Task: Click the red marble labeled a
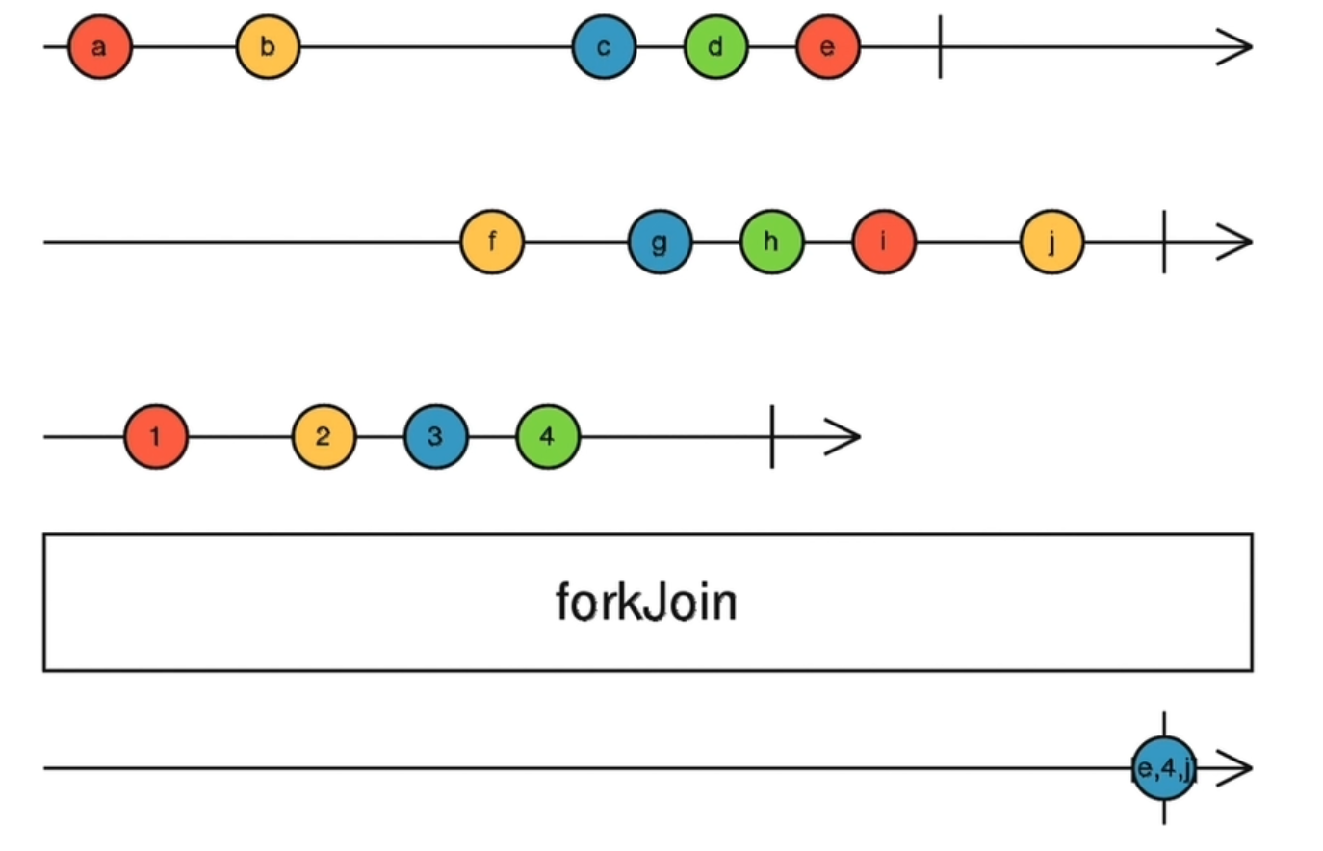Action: pos(99,47)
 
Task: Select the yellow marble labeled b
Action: pos(268,47)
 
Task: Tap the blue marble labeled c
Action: pos(604,47)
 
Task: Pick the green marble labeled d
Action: pos(715,47)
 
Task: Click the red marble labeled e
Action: pos(827,47)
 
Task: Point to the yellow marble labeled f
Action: pos(492,242)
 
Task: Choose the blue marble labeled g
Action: pos(660,242)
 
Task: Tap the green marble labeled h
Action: pos(771,242)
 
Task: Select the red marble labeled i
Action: pos(883,242)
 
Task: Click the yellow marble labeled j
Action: pos(1051,242)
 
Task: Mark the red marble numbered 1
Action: pos(156,437)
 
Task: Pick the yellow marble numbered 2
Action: pos(324,437)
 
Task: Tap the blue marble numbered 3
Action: pos(435,437)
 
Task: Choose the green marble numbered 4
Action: pos(547,437)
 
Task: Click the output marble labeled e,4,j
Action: pos(1164,768)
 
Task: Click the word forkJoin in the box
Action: pos(646,603)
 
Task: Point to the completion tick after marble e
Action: pos(940,47)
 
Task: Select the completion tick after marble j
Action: pos(1164,242)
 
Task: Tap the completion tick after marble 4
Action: pos(771,437)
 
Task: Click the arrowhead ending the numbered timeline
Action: pos(844,437)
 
